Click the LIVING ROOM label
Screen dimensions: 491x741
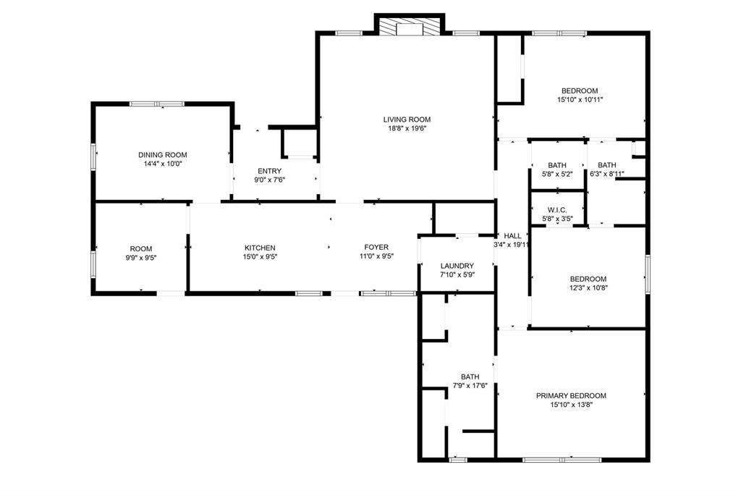[407, 119]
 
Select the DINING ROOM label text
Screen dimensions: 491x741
[163, 154]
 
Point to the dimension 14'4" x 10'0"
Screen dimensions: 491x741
[163, 164]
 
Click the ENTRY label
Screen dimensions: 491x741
[269, 171]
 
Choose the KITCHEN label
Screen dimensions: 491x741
[260, 248]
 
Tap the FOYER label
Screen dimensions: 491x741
[376, 248]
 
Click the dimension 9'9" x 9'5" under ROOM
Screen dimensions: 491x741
[141, 257]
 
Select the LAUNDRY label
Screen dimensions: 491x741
[457, 266]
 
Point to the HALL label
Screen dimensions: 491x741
[512, 235]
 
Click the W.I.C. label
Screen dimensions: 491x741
[557, 209]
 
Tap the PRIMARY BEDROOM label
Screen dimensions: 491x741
[571, 395]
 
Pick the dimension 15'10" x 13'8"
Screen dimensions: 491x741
[571, 405]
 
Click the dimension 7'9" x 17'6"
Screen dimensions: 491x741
[470, 386]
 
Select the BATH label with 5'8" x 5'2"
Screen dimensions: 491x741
[557, 165]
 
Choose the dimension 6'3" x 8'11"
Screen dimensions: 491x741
[606, 174]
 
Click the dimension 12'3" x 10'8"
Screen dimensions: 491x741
[588, 288]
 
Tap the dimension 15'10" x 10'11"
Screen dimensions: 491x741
[580, 100]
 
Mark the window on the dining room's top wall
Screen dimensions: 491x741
[157, 104]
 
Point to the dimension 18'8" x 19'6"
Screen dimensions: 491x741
[407, 129]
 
